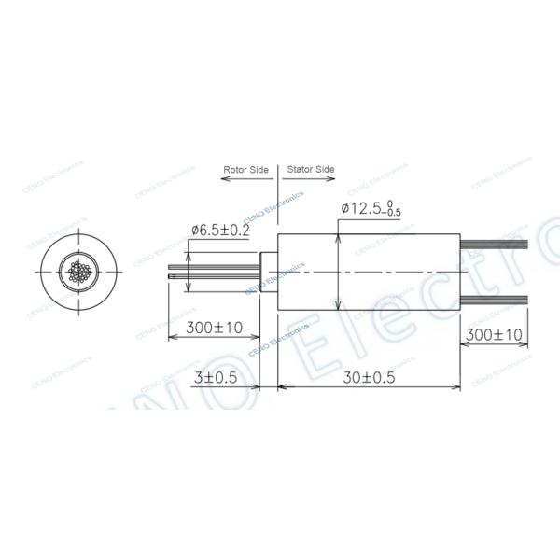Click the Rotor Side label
coord(245,170)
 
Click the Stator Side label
coord(310,170)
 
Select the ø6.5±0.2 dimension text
coord(220,230)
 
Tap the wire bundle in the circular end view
coord(78,273)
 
